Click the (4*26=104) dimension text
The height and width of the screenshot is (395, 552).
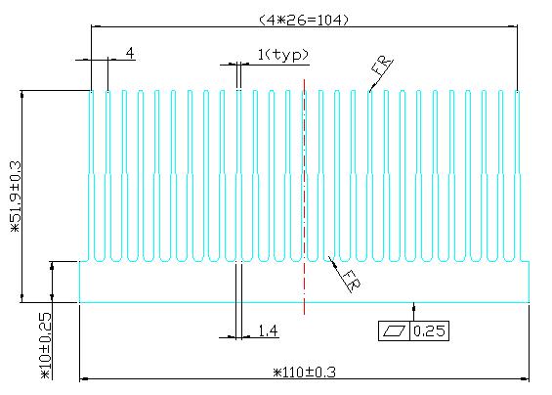coord(304,21)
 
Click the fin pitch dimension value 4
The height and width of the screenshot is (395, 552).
coord(130,53)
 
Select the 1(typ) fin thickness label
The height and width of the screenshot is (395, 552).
coord(283,55)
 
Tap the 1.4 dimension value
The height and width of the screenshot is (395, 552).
coord(268,330)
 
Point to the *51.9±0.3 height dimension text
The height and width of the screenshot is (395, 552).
coord(17,197)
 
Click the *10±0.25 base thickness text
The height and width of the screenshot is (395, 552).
coord(46,346)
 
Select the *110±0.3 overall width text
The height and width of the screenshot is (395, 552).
coord(305,373)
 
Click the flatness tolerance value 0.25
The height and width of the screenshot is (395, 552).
coord(429,330)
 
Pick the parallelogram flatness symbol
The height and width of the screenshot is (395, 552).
coord(394,330)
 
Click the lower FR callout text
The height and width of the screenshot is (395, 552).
coord(351,281)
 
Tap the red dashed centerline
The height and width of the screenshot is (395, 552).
coord(304,197)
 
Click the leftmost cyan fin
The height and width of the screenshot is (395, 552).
coord(91,175)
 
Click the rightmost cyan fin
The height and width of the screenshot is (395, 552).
coord(517,175)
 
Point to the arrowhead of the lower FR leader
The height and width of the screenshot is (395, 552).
coord(331,260)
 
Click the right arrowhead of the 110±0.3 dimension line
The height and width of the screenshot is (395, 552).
coord(525,379)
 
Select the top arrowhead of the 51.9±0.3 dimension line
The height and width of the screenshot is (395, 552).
coord(22,95)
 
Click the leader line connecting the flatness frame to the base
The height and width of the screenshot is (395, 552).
coord(413,312)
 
